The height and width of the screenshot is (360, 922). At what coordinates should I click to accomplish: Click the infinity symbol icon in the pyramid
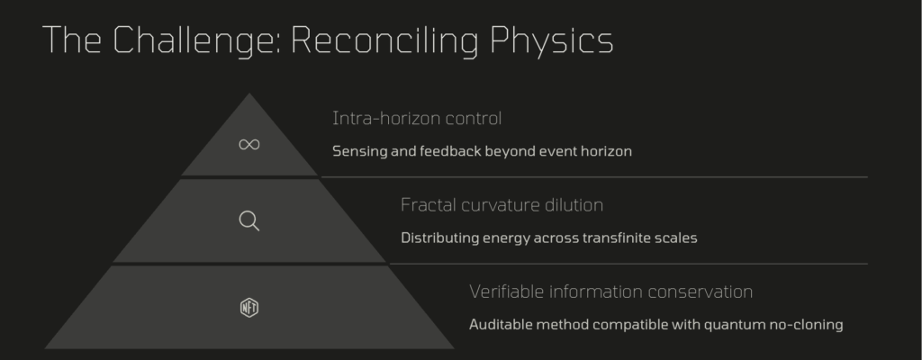point(249,145)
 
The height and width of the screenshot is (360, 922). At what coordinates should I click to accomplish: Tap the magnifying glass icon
point(249,221)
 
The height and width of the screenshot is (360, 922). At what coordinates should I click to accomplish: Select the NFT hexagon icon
point(249,308)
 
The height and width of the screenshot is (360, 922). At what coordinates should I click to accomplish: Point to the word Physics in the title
point(552,41)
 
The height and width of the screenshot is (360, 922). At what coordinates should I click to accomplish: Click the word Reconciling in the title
point(385,41)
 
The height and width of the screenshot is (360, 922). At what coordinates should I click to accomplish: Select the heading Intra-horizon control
point(417,119)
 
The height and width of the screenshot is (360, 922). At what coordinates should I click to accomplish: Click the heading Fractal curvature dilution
point(502,205)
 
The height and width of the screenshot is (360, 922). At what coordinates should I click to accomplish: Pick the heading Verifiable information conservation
point(611,292)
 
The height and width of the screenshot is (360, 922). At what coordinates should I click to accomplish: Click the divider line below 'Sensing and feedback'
point(594,176)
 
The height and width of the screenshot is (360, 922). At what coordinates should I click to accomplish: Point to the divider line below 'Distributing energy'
point(628,264)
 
